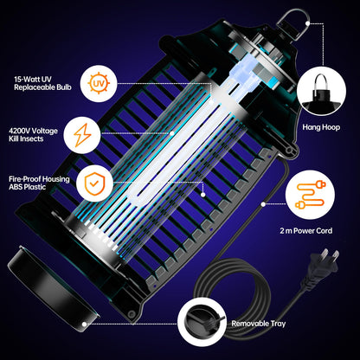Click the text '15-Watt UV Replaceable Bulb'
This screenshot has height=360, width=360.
(x=40, y=83)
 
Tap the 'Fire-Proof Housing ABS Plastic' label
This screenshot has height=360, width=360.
(x=40, y=183)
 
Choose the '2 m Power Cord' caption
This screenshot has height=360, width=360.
(x=318, y=232)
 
